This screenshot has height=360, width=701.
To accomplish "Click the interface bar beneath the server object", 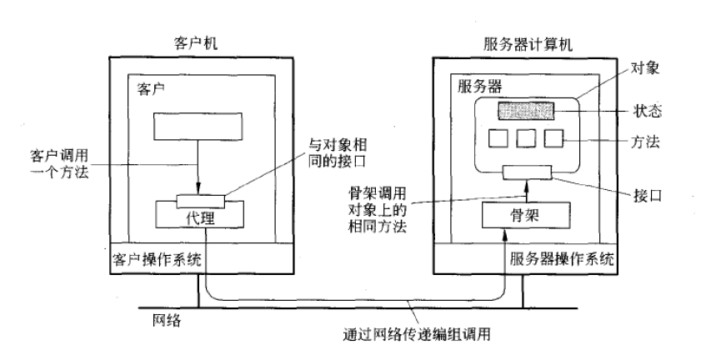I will point(527,172).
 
